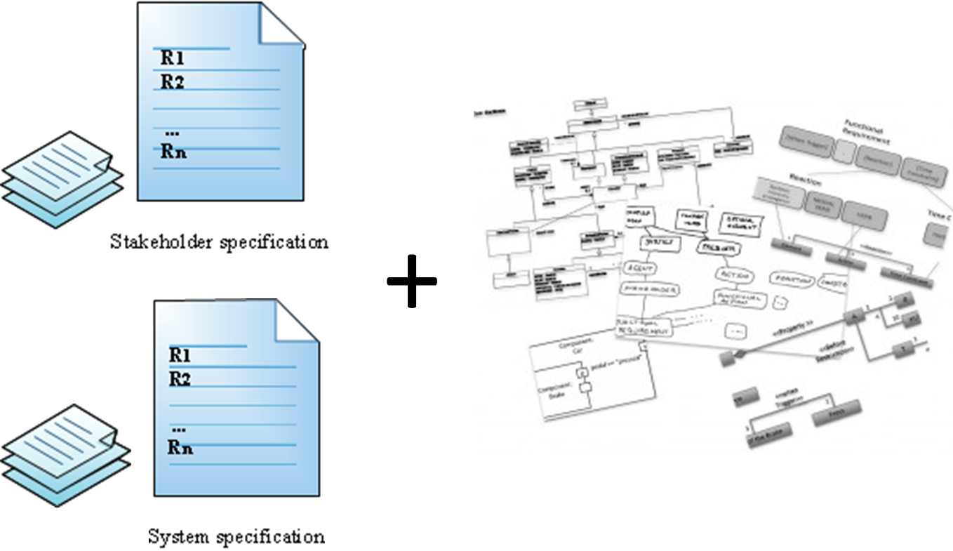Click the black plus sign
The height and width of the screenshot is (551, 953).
tap(412, 281)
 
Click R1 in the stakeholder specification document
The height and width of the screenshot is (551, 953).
tap(172, 58)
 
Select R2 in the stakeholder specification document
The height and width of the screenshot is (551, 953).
tap(172, 82)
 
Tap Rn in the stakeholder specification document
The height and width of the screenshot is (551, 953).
tap(173, 151)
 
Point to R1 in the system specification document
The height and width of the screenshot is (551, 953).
tap(180, 355)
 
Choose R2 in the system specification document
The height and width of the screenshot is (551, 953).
tap(180, 380)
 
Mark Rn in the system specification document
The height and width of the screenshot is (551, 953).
tap(180, 446)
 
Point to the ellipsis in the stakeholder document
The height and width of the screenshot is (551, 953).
tap(171, 133)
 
